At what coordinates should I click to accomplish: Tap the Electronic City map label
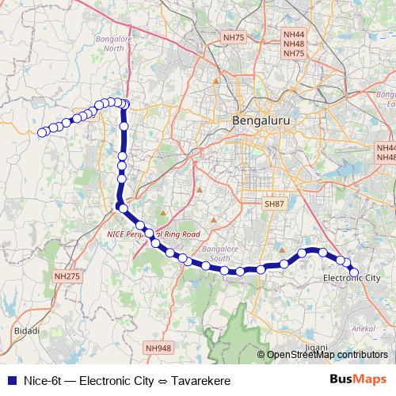coord(352,279)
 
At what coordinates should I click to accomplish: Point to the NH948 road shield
coord(158,348)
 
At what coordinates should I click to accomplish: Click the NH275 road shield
coord(67,276)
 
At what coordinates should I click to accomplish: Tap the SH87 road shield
coord(273,204)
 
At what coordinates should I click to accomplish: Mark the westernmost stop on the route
coord(42,132)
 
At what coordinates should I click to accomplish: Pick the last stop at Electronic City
coord(354,272)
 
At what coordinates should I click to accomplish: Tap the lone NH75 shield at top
coord(234,37)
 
